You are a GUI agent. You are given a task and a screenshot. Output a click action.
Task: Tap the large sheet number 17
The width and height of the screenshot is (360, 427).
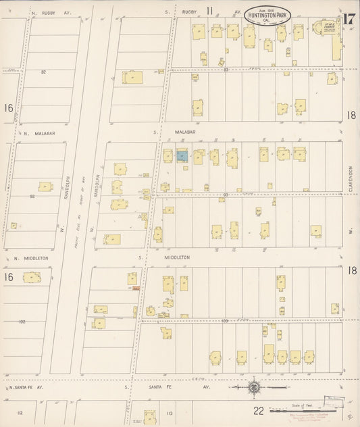[348, 19]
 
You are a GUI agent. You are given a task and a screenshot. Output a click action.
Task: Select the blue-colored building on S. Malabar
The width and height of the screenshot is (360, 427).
[182, 156]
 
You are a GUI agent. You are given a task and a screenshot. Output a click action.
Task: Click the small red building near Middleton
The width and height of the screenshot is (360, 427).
[136, 288]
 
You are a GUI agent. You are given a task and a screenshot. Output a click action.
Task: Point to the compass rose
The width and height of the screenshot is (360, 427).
[253, 388]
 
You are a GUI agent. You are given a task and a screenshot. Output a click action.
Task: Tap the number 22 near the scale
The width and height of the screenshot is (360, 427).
[258, 409]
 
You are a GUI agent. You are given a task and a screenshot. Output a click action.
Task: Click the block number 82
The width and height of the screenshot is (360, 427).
[43, 72]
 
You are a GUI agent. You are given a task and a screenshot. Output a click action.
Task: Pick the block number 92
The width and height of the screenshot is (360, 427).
[32, 197]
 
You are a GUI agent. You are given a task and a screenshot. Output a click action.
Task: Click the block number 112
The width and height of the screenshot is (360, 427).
[20, 412]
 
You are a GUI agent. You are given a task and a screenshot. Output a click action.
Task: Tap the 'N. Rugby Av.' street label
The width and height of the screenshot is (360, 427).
[47, 12]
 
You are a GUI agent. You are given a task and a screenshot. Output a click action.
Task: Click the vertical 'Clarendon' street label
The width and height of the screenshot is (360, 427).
[352, 179]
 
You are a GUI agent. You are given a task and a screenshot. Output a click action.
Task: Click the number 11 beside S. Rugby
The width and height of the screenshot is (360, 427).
[209, 10]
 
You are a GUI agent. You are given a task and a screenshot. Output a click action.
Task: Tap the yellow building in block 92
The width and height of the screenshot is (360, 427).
[45, 186]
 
